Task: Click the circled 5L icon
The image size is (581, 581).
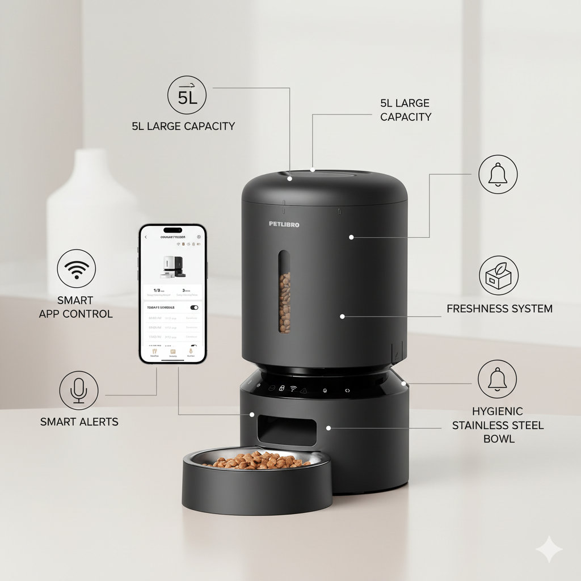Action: click(187, 95)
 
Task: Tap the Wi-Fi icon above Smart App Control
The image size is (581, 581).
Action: click(77, 268)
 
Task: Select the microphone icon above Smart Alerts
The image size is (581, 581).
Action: click(79, 390)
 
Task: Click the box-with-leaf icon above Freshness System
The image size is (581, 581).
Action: click(498, 275)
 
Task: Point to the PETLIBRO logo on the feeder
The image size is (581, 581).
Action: click(284, 224)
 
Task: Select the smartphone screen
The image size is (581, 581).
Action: click(172, 293)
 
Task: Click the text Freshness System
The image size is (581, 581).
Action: click(499, 309)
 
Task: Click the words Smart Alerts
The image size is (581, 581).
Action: click(79, 422)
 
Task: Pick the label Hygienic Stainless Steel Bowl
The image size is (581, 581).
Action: click(498, 425)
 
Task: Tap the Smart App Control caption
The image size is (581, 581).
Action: click(75, 307)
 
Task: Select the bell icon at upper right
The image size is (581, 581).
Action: click(498, 174)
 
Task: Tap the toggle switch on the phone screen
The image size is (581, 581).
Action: click(194, 308)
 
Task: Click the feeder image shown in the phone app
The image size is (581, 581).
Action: click(172, 267)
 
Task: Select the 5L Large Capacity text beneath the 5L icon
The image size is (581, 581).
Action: click(183, 126)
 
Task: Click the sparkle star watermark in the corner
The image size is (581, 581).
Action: click(549, 549)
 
